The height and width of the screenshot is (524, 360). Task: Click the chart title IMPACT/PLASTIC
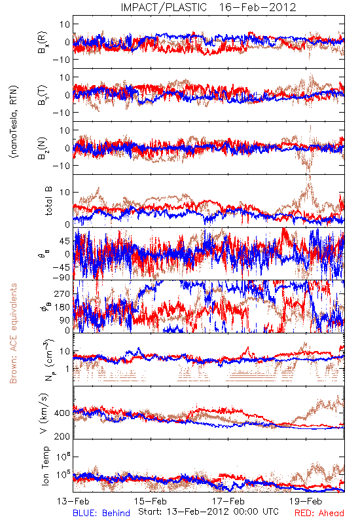(164, 7)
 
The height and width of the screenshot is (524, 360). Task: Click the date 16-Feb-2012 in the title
(257, 7)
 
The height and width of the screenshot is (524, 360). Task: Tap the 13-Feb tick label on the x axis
(73, 501)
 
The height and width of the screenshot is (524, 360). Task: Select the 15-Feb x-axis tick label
(151, 501)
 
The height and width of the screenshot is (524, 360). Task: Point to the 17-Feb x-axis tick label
(228, 501)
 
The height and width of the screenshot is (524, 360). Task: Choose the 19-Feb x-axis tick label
(306, 501)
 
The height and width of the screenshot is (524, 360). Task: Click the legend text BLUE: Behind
(101, 513)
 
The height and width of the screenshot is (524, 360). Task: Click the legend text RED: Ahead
(319, 513)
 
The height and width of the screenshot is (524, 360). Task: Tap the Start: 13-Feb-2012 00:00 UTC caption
(208, 512)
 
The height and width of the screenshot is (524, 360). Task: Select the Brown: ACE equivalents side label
(13, 333)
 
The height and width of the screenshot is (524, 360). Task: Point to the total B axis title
(48, 201)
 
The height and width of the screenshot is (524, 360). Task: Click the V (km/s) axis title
(44, 414)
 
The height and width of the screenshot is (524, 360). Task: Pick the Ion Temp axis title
(45, 466)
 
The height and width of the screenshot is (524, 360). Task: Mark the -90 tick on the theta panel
(62, 277)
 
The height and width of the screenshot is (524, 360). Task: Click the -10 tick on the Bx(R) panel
(62, 60)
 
